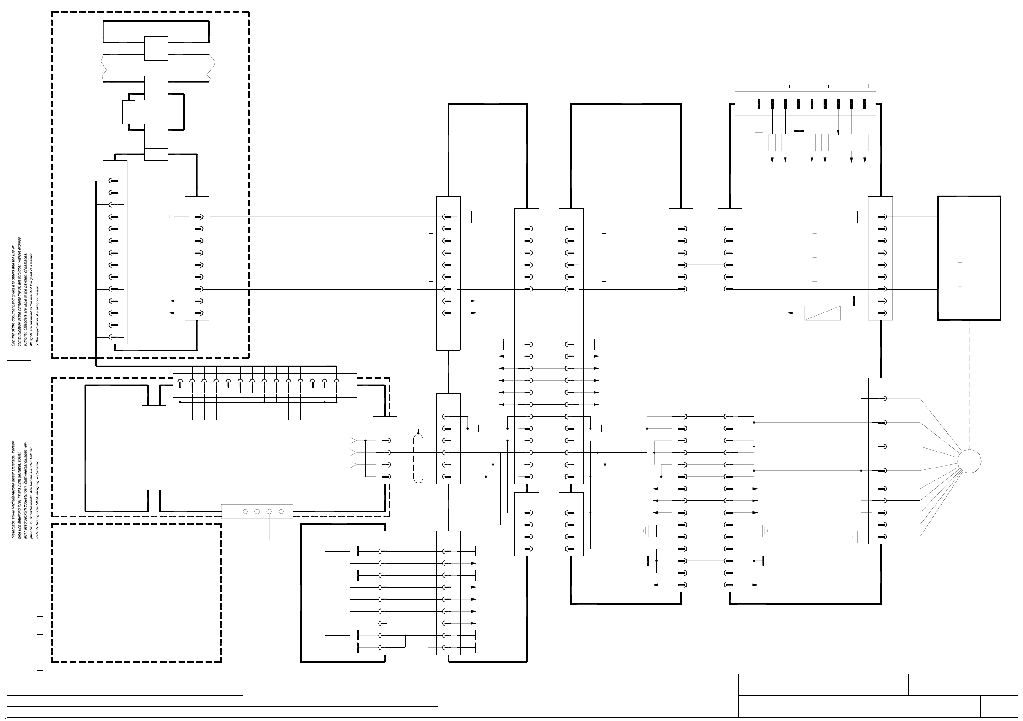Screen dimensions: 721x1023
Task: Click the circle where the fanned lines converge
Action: click(x=969, y=461)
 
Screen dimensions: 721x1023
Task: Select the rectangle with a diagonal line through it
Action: click(x=822, y=313)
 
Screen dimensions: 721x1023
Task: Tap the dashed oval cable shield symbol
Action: click(x=418, y=458)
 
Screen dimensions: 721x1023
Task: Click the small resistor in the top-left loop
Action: click(x=129, y=112)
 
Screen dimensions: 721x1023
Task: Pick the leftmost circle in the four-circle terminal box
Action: click(x=245, y=511)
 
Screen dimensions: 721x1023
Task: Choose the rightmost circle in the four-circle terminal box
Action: click(x=281, y=511)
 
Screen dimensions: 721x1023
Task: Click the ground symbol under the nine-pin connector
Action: click(x=758, y=133)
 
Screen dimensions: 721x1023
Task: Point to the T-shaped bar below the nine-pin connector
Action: click(x=798, y=130)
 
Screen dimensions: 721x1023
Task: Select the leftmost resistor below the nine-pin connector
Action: click(x=772, y=142)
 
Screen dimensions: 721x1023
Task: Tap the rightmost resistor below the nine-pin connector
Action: click(x=864, y=142)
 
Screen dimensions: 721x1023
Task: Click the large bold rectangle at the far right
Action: click(x=969, y=258)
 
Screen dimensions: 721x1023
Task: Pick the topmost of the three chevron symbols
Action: click(x=353, y=441)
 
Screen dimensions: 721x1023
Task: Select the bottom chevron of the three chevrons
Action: click(x=353, y=465)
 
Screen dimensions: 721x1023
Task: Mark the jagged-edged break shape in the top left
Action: click(x=158, y=69)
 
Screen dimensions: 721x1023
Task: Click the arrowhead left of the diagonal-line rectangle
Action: click(x=790, y=313)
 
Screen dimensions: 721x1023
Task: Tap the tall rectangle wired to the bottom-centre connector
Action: click(x=337, y=593)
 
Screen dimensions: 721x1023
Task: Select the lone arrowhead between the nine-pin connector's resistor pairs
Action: click(x=838, y=132)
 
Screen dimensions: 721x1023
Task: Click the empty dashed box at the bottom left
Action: click(x=136, y=592)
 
